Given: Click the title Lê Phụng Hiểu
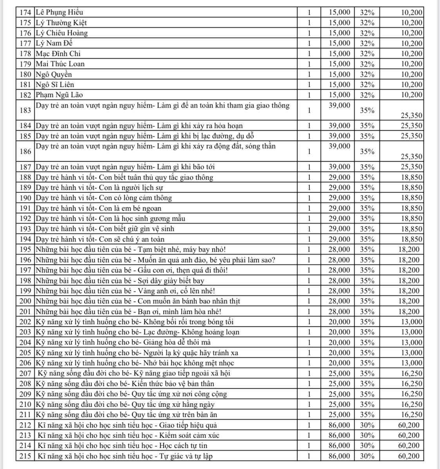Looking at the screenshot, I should point(59,13).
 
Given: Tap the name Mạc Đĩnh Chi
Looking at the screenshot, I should point(58,54).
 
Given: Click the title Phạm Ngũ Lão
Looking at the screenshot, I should point(59,95).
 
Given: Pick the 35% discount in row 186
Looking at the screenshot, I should point(367,152).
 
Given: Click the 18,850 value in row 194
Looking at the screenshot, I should point(411,239).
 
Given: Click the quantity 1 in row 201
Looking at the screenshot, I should point(309,312).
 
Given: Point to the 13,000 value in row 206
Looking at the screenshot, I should point(411,363).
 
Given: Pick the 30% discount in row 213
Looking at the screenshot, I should point(367,435).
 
